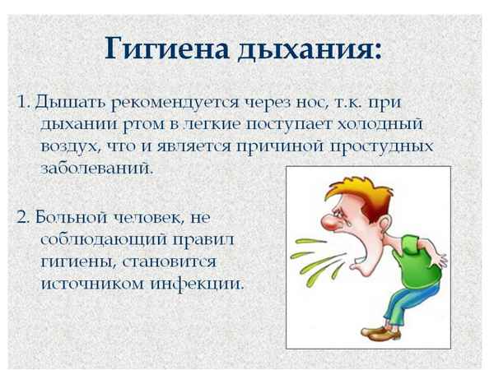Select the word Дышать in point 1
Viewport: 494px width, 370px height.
click(x=63, y=103)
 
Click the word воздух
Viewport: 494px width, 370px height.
click(x=71, y=146)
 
